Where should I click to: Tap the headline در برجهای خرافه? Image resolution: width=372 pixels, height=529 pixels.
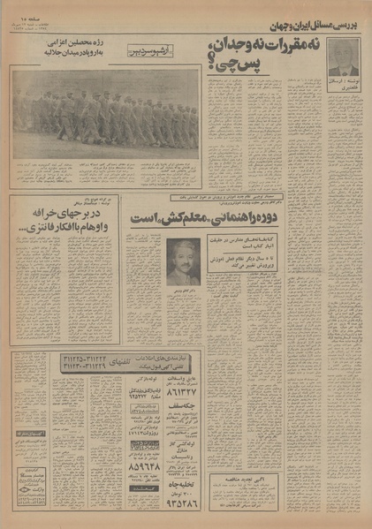57,218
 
